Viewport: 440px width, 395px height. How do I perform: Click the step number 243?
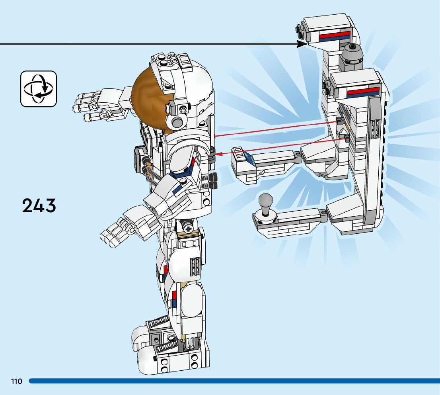click(x=39, y=206)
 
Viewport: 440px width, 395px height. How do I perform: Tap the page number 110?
click(x=17, y=381)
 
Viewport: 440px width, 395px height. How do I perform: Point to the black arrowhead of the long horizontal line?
click(x=302, y=44)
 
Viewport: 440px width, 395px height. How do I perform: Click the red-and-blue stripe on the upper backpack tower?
click(x=335, y=37)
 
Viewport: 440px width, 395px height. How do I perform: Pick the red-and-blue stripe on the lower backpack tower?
click(x=363, y=92)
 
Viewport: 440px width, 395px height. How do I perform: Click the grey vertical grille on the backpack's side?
click(x=374, y=127)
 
